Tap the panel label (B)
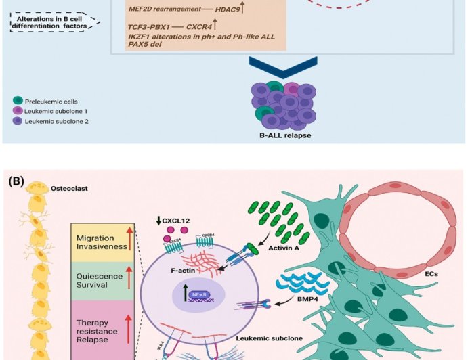tap(17, 181)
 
